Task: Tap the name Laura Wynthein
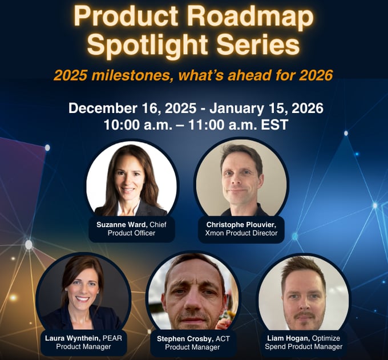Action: (72, 338)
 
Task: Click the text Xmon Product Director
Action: (241, 233)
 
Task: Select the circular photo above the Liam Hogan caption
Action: (304, 292)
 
